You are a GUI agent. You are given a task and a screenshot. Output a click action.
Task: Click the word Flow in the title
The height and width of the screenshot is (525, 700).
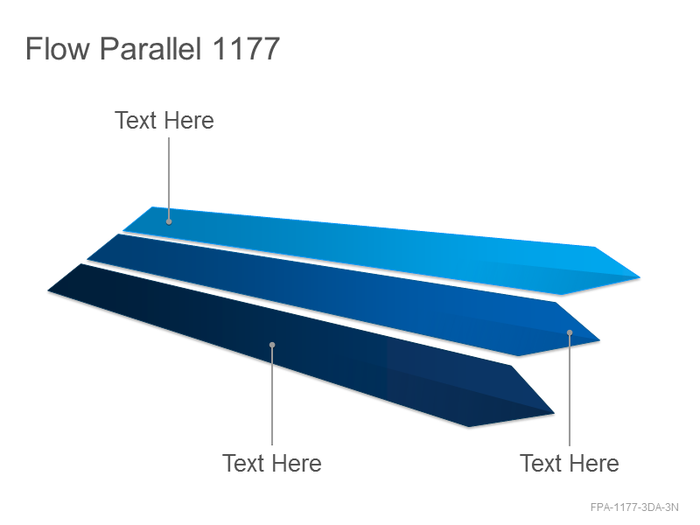pos(58,48)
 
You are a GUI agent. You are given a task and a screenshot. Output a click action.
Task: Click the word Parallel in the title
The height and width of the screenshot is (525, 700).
pos(150,48)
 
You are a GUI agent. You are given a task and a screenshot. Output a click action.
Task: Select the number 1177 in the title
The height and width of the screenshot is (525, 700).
pos(246,48)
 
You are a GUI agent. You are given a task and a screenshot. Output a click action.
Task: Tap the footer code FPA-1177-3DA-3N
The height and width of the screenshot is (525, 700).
pos(634,507)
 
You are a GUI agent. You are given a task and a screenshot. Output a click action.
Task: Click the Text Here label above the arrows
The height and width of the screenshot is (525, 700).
pos(164,121)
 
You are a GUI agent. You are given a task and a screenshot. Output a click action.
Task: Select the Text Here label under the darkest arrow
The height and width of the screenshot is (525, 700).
pos(272,463)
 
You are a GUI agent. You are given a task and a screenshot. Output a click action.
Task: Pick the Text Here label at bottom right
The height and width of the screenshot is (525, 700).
pos(570,463)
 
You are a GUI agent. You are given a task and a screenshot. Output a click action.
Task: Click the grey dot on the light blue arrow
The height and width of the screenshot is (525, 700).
pos(169,221)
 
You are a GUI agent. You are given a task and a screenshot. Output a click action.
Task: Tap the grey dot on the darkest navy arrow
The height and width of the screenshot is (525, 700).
pos(272,345)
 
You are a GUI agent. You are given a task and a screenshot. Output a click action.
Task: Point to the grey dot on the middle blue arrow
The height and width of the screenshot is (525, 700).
pos(570,332)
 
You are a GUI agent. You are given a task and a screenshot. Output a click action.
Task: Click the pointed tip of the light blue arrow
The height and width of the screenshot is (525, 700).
pos(640,277)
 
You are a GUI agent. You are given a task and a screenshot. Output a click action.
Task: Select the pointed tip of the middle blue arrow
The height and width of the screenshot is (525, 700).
pos(599,340)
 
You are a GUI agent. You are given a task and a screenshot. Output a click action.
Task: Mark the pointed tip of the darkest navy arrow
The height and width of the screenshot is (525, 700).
pos(554,413)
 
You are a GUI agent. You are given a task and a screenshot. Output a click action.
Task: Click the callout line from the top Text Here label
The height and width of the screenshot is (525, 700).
pos(169,178)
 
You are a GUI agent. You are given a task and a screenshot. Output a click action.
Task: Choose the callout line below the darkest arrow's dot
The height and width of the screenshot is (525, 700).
pos(272,396)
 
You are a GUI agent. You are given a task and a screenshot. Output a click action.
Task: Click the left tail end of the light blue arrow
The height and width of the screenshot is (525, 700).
pos(123,230)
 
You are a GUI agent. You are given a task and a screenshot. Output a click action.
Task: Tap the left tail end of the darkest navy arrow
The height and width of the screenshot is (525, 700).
pos(48,291)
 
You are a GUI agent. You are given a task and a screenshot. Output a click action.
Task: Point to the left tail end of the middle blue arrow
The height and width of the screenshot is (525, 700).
pos(87,258)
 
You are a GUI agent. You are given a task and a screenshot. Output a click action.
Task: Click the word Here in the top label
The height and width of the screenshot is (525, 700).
pos(188,121)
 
